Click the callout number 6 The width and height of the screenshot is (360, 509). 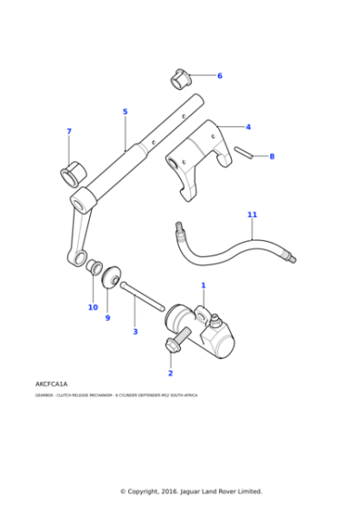click(x=219, y=76)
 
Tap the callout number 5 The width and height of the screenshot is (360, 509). click(x=125, y=112)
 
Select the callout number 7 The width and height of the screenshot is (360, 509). click(x=68, y=132)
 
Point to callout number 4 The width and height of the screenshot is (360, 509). click(x=248, y=126)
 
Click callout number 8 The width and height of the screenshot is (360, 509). click(x=271, y=156)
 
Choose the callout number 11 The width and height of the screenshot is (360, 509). click(x=252, y=215)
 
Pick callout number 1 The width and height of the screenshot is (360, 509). click(x=203, y=285)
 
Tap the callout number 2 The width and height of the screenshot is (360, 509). click(x=170, y=373)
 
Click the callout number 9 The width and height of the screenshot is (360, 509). click(x=107, y=317)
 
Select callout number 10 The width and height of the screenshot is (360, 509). click(x=93, y=307)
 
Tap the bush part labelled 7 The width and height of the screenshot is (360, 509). click(x=70, y=170)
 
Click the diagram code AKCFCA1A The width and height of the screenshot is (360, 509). click(x=52, y=384)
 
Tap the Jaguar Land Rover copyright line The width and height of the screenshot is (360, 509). click(x=179, y=491)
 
